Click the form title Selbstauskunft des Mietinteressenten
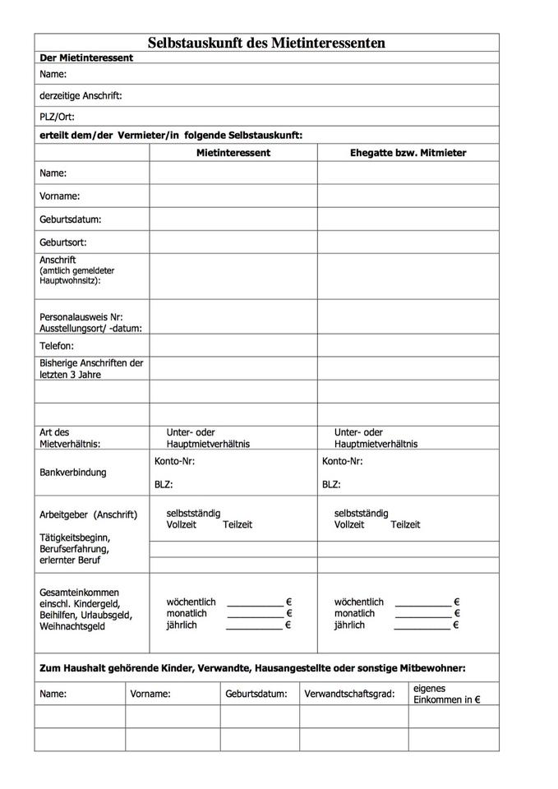coord(266,43)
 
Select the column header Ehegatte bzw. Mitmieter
coord(408,153)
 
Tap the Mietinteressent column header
coord(233,153)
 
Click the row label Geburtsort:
coord(63,242)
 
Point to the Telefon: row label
coord(57,346)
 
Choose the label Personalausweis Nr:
coord(81,316)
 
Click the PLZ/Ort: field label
coord(57,117)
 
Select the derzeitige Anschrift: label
coord(81,96)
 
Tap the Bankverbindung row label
coord(72,473)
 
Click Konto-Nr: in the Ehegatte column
coord(343,461)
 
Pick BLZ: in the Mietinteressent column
coord(164,485)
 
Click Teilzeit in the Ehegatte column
coord(405,524)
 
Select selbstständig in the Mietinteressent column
coord(193,513)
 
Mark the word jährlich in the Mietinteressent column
coord(182,625)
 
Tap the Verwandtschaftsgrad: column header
coord(349,694)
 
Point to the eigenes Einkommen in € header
coord(446,694)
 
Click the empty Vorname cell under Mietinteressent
coord(233,196)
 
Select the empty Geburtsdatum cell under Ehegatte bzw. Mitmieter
coord(408,219)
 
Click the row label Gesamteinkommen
coord(79,592)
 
